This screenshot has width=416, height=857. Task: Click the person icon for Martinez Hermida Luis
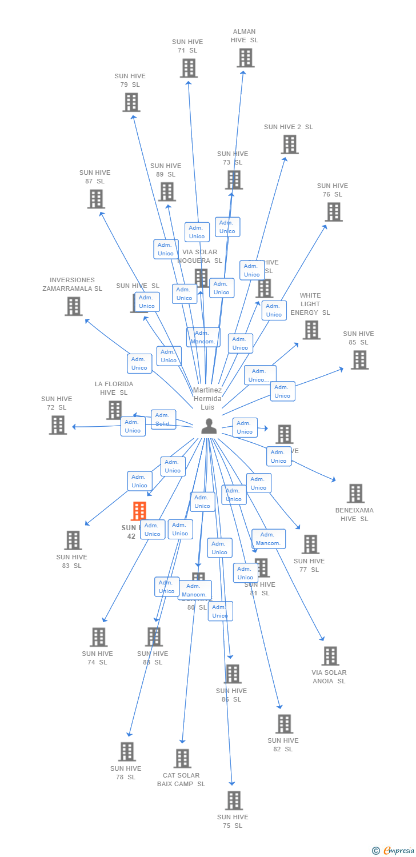click(209, 426)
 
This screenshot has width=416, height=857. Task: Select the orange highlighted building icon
click(139, 511)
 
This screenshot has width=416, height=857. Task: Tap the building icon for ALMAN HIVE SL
click(245, 58)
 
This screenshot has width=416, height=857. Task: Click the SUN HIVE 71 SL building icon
click(189, 68)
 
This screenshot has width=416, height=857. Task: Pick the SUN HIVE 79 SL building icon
click(131, 102)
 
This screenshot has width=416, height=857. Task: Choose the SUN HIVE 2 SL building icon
click(290, 145)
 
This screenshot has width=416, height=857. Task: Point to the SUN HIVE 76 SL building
click(334, 212)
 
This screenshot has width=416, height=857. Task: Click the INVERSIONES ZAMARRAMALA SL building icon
click(73, 306)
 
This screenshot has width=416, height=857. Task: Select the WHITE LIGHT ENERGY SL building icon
click(311, 330)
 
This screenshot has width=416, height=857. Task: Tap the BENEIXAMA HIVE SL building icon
click(355, 494)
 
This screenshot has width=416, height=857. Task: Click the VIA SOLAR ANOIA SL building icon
click(330, 656)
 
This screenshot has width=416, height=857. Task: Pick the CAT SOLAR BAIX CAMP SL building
click(182, 759)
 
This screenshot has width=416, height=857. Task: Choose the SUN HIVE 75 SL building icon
click(234, 800)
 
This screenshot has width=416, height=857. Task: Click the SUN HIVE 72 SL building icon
click(58, 425)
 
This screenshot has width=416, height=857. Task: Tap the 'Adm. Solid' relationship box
click(163, 419)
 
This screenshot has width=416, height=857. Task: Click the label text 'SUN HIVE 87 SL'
click(95, 177)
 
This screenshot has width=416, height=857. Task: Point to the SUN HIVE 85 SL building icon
click(359, 360)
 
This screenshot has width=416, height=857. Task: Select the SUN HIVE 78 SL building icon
click(127, 752)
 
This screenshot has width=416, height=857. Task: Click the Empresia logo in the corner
click(394, 851)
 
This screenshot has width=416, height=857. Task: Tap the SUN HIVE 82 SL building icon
click(284, 724)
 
